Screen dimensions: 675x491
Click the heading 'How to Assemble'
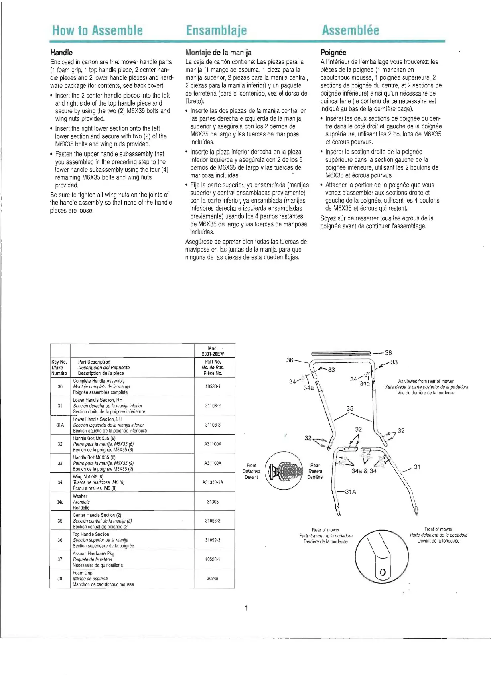click(x=97, y=30)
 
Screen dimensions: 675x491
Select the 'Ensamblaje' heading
click(x=216, y=30)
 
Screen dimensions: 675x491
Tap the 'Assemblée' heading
click(x=350, y=30)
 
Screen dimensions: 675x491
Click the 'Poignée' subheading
click(x=333, y=53)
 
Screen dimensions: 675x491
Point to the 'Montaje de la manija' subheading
click(x=218, y=53)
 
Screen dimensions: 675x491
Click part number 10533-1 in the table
click(x=213, y=386)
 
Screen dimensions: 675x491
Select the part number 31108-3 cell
click(x=213, y=425)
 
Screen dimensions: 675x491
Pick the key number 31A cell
click(x=60, y=425)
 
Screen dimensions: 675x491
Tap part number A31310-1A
click(x=213, y=482)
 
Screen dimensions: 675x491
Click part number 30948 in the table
click(x=213, y=578)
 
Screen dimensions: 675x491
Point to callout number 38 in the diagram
click(x=388, y=353)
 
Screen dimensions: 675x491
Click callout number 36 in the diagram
click(x=290, y=360)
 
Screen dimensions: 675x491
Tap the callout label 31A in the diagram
click(x=350, y=492)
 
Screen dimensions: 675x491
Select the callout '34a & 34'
click(x=364, y=471)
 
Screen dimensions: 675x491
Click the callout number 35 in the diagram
click(x=350, y=409)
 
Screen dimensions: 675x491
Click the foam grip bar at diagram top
click(x=341, y=353)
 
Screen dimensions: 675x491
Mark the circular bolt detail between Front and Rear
click(x=286, y=471)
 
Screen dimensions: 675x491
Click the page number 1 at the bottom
click(x=246, y=608)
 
